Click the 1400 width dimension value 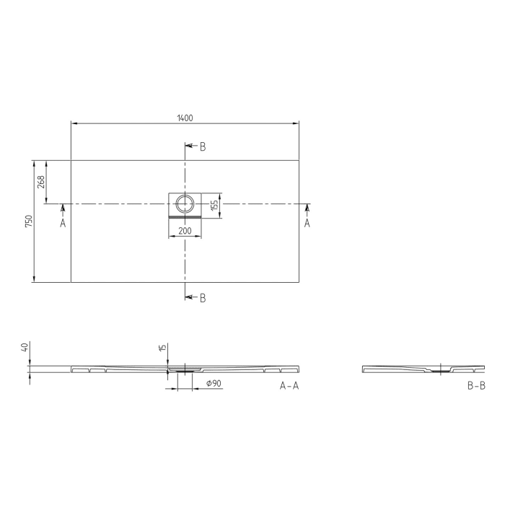click(185, 118)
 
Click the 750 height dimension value click(28, 221)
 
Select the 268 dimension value click(41, 182)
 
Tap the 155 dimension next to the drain click(215, 205)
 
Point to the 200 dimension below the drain click(185, 231)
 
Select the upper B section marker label click(203, 146)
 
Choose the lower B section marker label click(203, 298)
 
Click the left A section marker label click(63, 224)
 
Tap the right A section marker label click(307, 224)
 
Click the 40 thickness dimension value click(25, 348)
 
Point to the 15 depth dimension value click(164, 348)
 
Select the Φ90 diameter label click(214, 384)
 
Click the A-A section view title click(289, 386)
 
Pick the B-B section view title click(476, 386)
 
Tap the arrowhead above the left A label click(63, 208)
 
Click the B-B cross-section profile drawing click(423, 369)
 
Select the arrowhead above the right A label click(307, 208)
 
